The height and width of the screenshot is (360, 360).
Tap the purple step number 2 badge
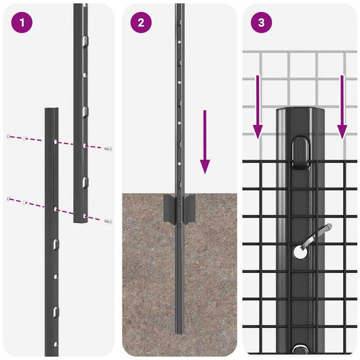coord(140,23)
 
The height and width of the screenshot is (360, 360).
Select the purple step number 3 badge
coord(261,23)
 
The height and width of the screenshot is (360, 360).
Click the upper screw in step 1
coord(108,148)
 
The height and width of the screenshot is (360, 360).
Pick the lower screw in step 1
coord(108,220)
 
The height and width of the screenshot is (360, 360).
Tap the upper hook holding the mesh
coord(301,150)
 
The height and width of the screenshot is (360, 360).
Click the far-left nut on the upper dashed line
coord(8,136)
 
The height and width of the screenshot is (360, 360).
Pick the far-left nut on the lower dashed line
coord(8,199)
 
